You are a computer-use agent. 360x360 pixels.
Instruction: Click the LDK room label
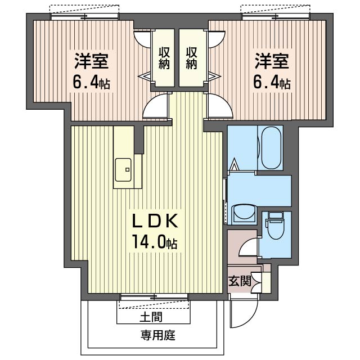click(x=155, y=220)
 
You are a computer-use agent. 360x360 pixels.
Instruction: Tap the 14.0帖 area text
click(x=154, y=242)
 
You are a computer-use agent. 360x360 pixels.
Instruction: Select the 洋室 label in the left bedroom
click(x=91, y=61)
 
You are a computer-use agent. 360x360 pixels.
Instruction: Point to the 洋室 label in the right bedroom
click(x=272, y=61)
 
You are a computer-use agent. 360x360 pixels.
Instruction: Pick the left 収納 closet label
click(x=164, y=58)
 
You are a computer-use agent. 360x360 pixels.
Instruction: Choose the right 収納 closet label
click(x=191, y=58)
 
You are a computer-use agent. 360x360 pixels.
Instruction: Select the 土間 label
click(x=151, y=317)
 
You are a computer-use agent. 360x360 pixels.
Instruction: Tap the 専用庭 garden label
click(x=158, y=335)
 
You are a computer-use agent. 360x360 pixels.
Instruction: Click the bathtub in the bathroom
click(x=271, y=147)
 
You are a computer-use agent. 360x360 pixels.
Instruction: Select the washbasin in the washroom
click(x=244, y=214)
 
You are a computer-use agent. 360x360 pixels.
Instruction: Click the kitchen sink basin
click(x=123, y=170)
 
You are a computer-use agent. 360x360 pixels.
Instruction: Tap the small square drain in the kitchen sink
click(x=127, y=170)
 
